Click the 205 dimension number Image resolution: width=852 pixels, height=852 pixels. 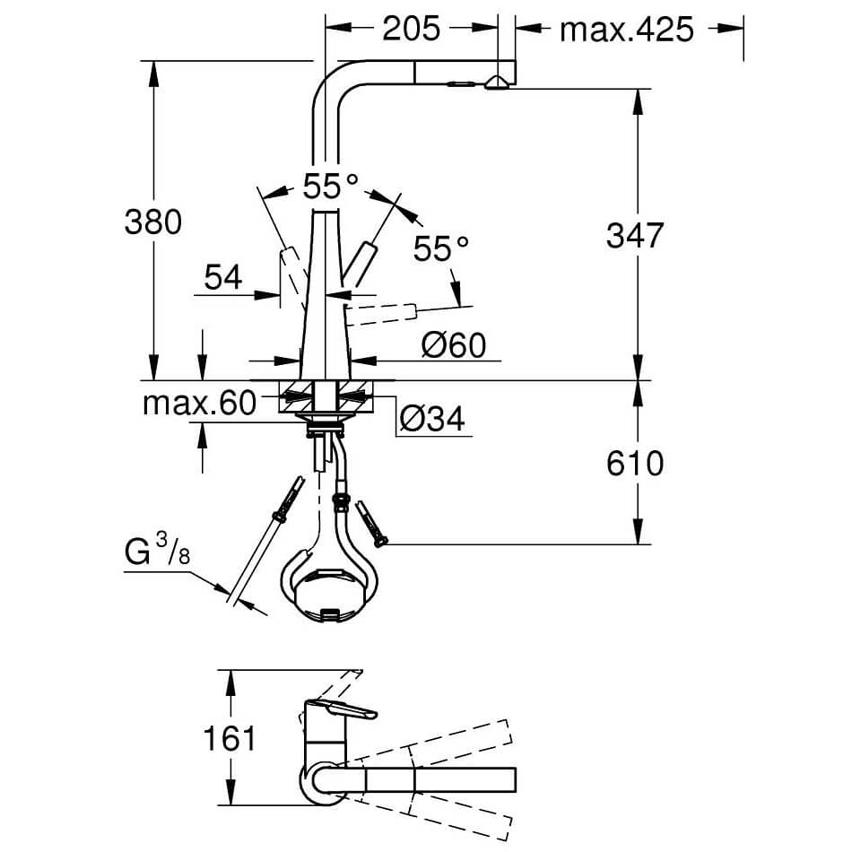point(411,29)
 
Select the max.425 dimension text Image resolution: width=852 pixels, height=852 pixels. point(627,30)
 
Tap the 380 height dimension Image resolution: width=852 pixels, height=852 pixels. point(153,222)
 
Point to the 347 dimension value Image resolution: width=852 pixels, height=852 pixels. point(635,235)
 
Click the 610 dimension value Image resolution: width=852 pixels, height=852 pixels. point(635,464)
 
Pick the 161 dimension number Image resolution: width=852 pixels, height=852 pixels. point(230,738)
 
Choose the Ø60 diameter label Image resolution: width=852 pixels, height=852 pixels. point(454,345)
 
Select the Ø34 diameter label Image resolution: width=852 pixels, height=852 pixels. point(432,419)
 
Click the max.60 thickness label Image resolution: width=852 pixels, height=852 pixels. point(199,404)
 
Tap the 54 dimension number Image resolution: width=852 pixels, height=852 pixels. point(223,278)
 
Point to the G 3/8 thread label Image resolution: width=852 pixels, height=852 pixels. point(157,549)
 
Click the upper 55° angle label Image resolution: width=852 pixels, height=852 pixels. point(330,186)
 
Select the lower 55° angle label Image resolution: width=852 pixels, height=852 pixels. point(440,248)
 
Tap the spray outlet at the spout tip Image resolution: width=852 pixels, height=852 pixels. point(497,83)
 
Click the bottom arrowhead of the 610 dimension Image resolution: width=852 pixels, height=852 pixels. point(638,532)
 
